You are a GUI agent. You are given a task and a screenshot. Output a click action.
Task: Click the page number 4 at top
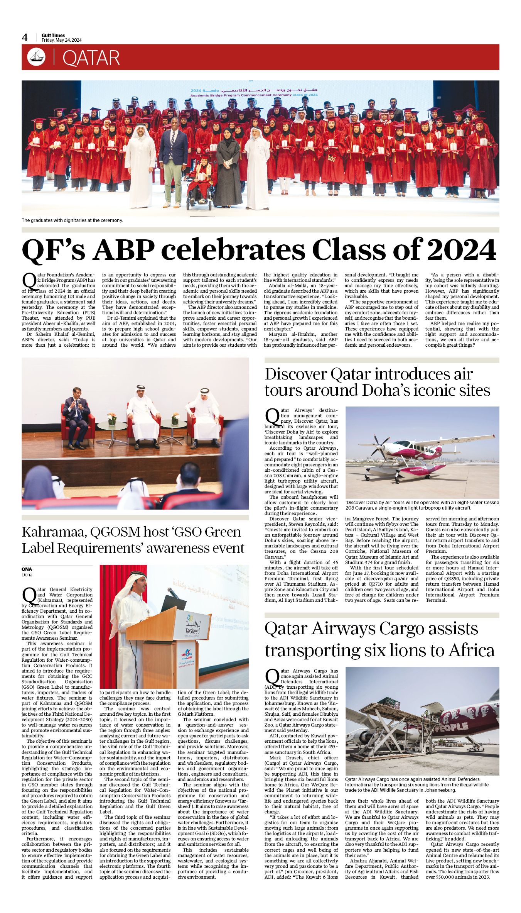(25, 37)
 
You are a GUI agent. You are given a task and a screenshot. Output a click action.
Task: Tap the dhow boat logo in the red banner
(36, 57)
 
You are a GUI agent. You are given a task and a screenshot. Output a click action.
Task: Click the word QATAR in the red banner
(91, 58)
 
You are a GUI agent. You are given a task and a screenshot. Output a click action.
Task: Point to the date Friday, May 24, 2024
(62, 40)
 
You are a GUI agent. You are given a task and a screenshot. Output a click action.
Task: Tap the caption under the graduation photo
(72, 220)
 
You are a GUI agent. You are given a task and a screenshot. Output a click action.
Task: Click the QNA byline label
(27, 569)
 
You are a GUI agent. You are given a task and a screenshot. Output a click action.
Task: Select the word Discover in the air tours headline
(295, 374)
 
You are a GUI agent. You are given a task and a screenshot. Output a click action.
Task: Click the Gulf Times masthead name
(53, 35)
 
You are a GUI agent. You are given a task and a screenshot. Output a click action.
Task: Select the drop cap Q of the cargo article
(272, 677)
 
